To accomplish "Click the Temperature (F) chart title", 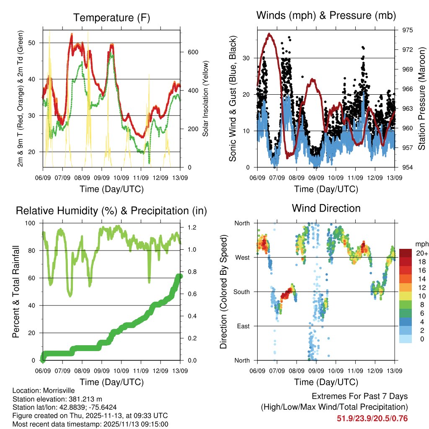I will click(x=111, y=18).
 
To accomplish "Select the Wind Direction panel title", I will click(x=326, y=208).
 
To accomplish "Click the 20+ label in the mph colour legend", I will click(x=422, y=253).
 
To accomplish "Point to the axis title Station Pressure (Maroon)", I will click(x=421, y=99).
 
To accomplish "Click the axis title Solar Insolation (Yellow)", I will click(x=206, y=99).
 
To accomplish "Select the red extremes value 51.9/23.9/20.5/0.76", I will click(x=372, y=418).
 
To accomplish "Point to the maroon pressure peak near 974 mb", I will click(x=269, y=34).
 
